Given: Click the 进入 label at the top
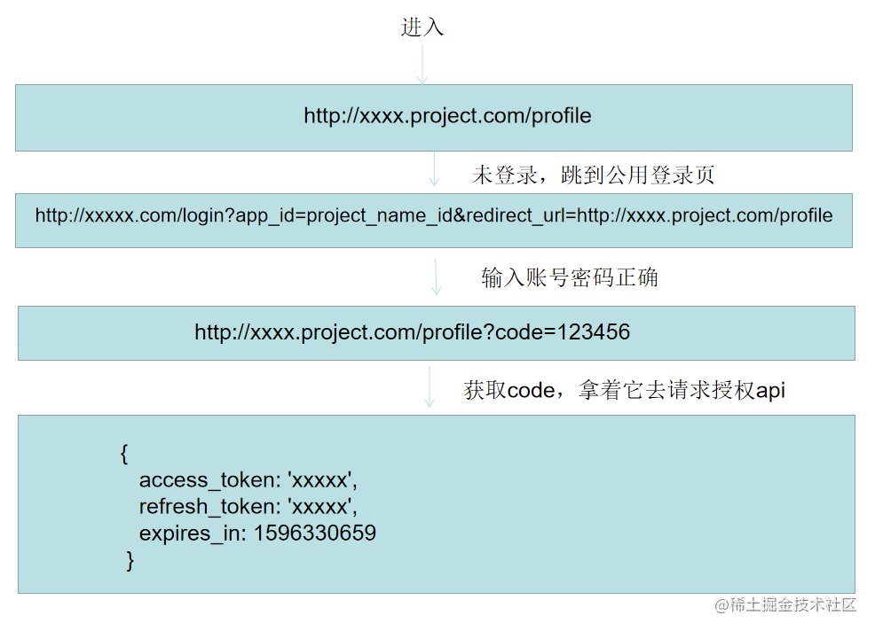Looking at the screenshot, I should click(x=422, y=27).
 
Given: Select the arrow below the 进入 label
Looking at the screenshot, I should click(x=422, y=63).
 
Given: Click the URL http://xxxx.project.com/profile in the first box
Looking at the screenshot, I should click(x=447, y=116).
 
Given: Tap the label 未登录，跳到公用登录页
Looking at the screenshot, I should click(x=593, y=175).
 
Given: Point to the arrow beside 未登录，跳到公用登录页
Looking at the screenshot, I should click(x=434, y=170).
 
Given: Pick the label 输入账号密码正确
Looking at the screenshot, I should click(x=570, y=277).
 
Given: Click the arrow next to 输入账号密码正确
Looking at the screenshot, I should click(x=436, y=277).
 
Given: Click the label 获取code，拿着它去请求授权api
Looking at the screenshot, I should click(x=624, y=390).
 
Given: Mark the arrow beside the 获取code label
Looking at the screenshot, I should click(x=430, y=388).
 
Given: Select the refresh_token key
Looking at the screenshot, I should click(x=208, y=507).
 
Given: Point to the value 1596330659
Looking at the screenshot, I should click(x=315, y=534).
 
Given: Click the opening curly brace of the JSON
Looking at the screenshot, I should click(x=124, y=454).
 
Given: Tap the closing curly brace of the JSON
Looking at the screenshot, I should click(x=130, y=560).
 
